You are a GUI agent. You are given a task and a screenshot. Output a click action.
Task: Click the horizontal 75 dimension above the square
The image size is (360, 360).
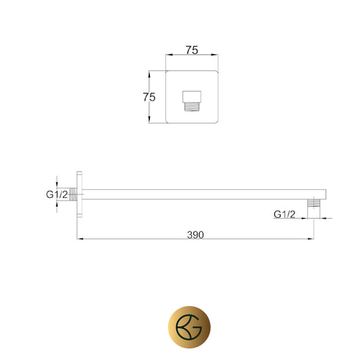point(192,50)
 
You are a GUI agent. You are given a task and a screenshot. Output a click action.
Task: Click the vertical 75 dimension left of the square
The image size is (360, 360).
point(149,97)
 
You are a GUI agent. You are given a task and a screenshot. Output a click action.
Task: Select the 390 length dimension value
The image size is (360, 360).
point(195,234)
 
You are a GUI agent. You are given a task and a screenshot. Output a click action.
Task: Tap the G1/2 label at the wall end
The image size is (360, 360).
point(57,195)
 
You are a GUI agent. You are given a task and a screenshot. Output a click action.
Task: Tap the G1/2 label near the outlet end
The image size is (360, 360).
point(284,214)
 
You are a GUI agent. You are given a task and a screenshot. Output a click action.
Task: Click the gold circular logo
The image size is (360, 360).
point(189,327)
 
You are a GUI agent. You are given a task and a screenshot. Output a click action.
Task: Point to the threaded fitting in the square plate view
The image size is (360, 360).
point(192,107)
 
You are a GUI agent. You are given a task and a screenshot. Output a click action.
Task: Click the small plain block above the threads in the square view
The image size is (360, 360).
point(192,97)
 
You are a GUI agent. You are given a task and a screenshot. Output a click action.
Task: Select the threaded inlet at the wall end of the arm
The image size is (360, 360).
point(73,195)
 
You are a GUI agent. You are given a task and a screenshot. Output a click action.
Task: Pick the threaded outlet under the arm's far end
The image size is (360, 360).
point(313,203)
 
